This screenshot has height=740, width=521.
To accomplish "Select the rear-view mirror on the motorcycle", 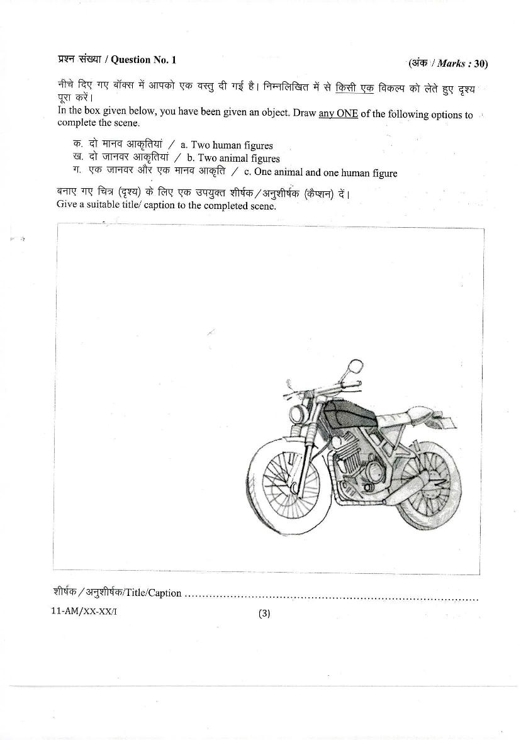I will (353, 366).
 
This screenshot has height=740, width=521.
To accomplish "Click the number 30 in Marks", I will (481, 64).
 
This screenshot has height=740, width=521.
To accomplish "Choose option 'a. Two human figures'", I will (227, 145).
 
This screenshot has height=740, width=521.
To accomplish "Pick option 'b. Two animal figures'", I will (233, 159).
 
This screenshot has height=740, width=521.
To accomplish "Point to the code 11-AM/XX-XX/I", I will (84, 612).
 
